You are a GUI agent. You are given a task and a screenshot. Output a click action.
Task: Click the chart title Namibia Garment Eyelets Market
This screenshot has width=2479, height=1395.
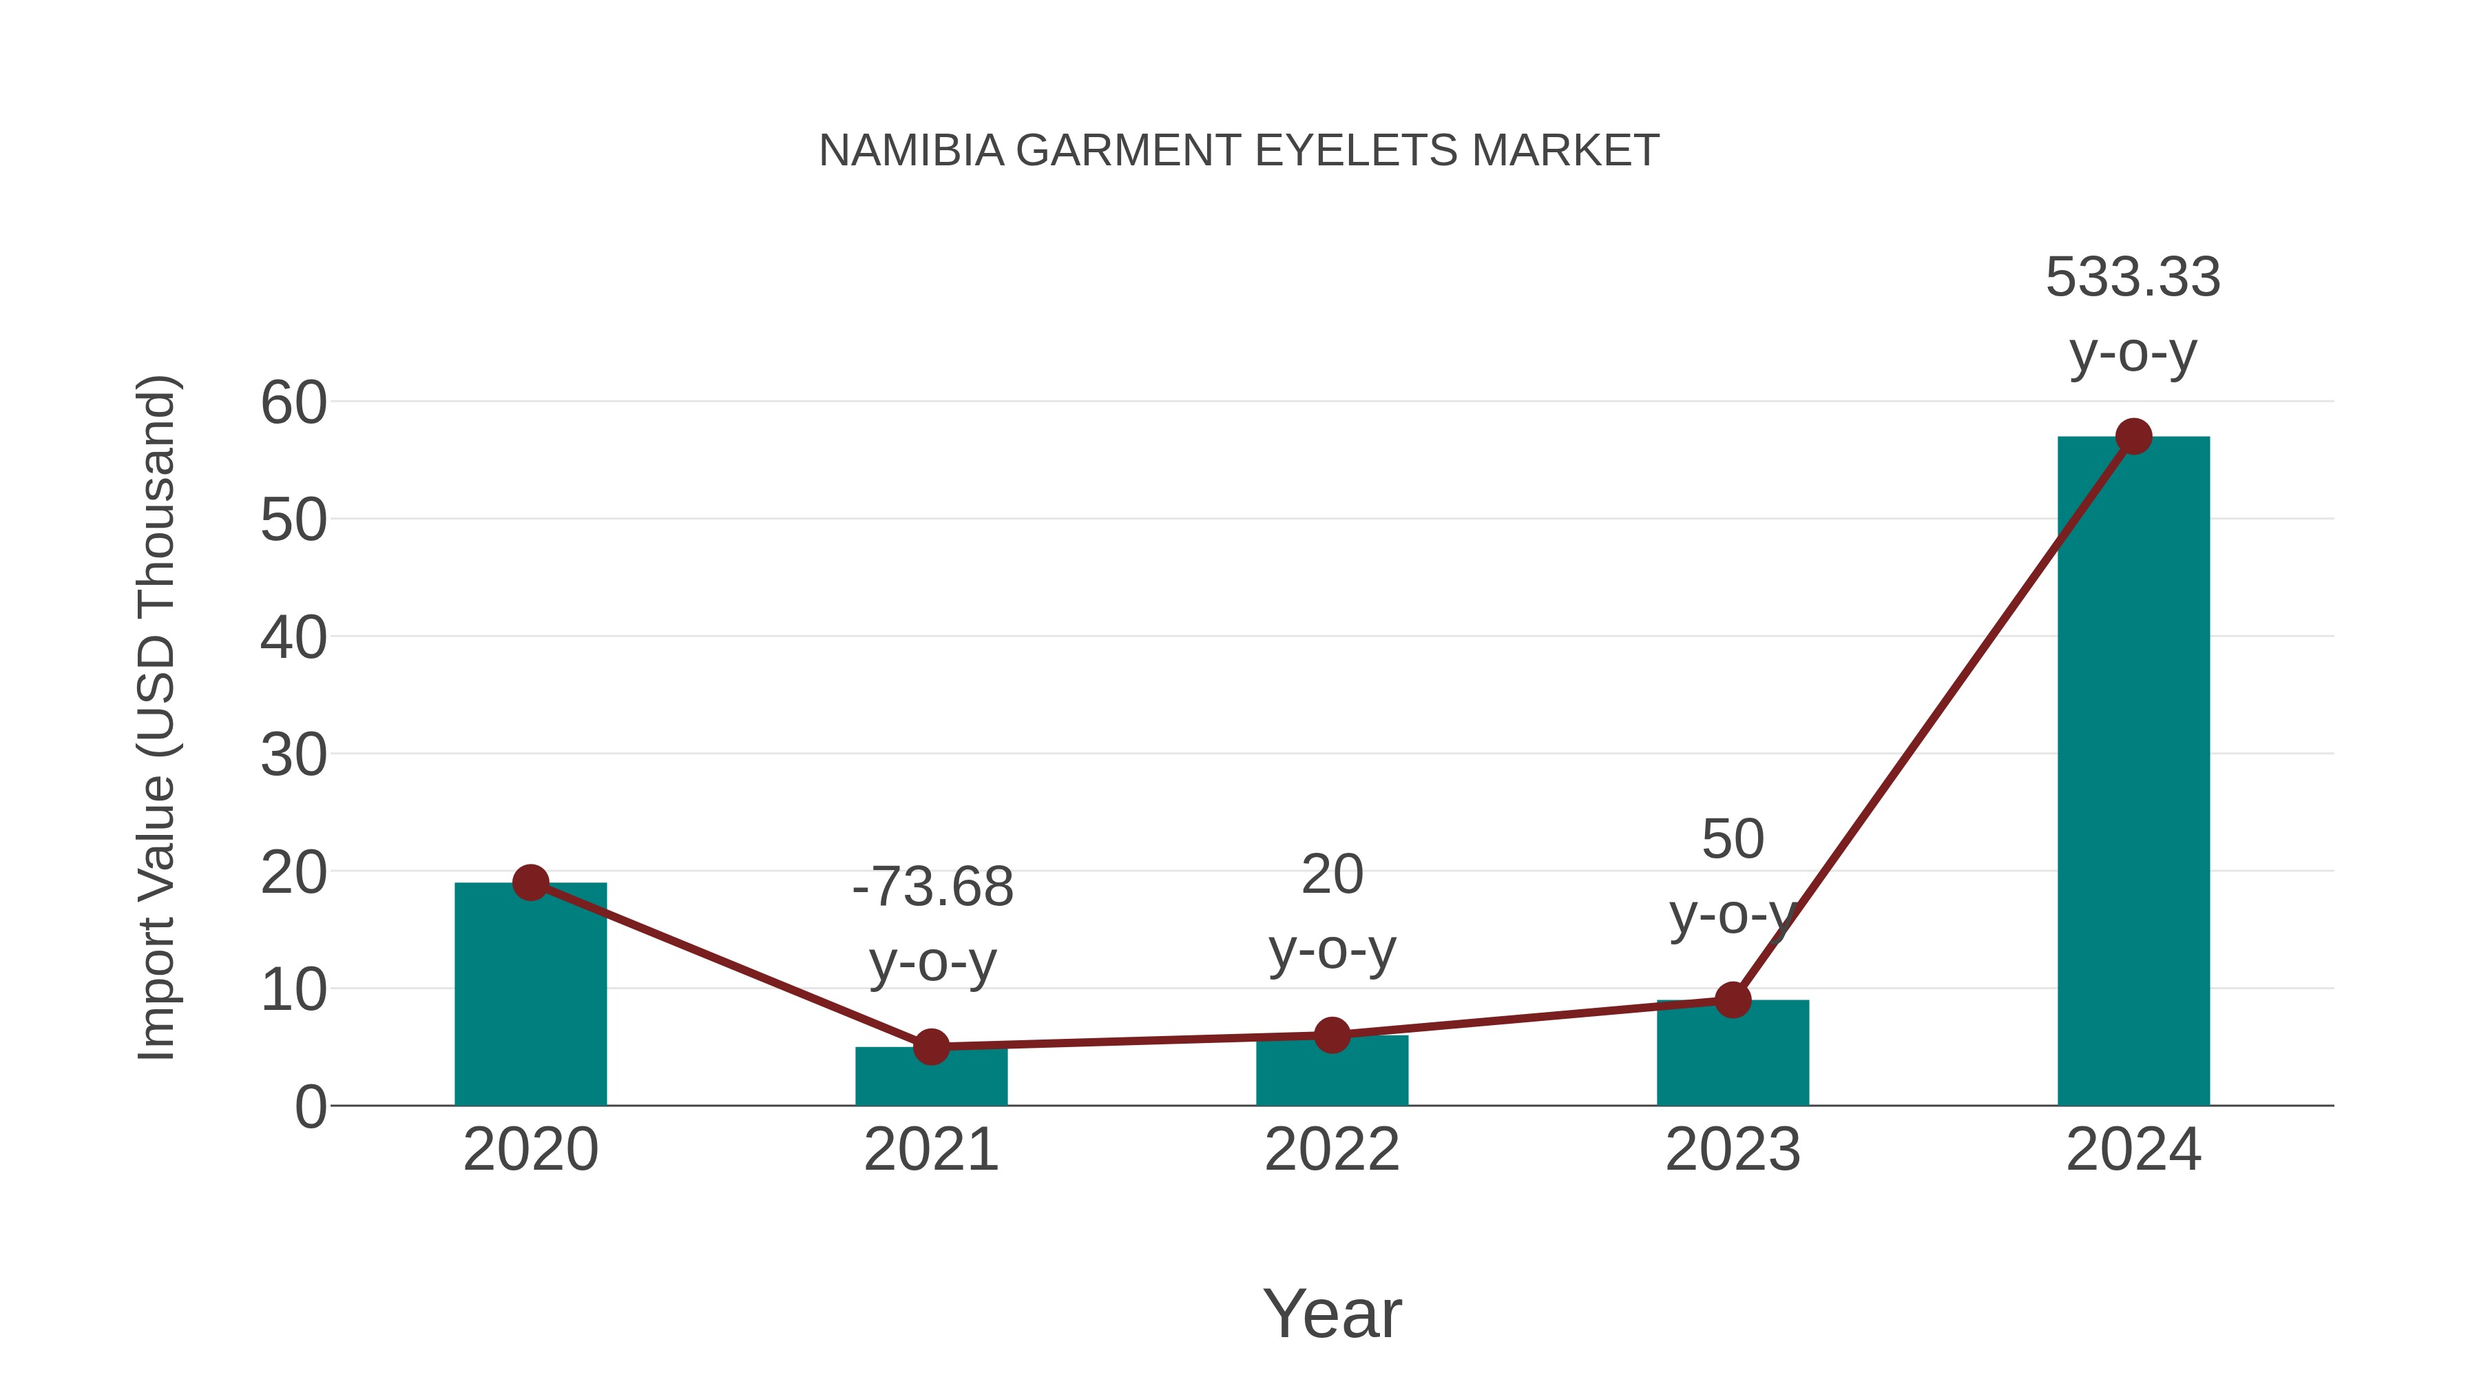1239,151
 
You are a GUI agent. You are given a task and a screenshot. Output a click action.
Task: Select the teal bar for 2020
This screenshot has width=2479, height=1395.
530,1001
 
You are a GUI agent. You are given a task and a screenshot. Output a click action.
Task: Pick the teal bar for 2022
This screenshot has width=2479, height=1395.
1332,1073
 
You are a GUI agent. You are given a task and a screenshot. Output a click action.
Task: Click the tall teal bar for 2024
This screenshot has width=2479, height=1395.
2133,770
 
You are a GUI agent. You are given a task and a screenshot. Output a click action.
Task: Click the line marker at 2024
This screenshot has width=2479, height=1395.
2133,436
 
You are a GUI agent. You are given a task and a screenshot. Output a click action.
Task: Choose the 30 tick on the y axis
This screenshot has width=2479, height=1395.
293,755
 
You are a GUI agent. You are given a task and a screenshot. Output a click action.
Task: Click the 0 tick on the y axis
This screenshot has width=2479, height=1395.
310,1107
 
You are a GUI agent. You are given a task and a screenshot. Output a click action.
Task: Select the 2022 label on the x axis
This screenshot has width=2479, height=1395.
1332,1150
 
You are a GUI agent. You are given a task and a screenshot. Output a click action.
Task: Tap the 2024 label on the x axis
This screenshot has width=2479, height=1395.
2133,1150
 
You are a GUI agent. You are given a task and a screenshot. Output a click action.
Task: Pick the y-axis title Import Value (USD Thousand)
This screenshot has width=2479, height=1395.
156,717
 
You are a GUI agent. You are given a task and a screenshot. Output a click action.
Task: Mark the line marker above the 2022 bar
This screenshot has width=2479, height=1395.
1332,1035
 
